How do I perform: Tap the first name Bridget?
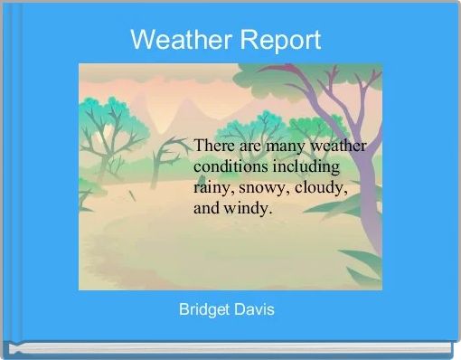point(207,310)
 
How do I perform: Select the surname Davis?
point(256,310)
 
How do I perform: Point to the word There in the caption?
point(214,147)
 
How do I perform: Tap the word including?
point(307,167)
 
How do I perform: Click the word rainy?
point(213,188)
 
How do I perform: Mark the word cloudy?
point(321,188)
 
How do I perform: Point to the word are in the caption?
point(250,147)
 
